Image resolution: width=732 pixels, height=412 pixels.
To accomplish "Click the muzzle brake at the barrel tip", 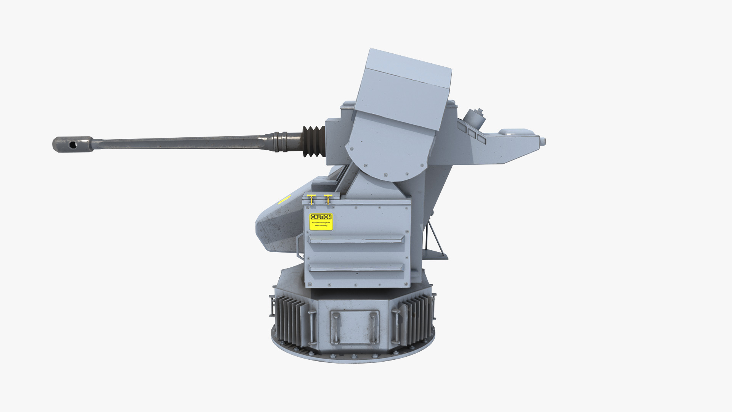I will pyautogui.click(x=72, y=144).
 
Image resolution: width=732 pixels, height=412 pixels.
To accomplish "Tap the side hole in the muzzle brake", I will pyautogui.click(x=72, y=145).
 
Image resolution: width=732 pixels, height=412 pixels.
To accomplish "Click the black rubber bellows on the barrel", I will pyautogui.click(x=314, y=141).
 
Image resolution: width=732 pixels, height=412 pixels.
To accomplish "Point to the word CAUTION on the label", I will pyautogui.click(x=321, y=217).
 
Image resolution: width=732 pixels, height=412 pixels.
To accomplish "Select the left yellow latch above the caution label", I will pyautogui.click(x=311, y=199).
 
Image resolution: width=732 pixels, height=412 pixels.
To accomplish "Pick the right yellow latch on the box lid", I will pyautogui.click(x=327, y=199).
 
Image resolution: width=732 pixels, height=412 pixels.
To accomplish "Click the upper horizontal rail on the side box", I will pyautogui.click(x=356, y=239).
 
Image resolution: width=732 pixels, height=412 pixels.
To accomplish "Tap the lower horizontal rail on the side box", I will pyautogui.click(x=356, y=267).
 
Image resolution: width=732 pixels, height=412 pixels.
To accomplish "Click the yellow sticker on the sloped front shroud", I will pyautogui.click(x=284, y=199).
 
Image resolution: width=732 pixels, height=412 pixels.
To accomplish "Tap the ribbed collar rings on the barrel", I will pyautogui.click(x=281, y=142).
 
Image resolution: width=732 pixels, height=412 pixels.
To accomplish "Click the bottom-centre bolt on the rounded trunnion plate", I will pyautogui.click(x=385, y=175).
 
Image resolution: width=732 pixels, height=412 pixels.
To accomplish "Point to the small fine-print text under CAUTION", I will pyautogui.click(x=321, y=224).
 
